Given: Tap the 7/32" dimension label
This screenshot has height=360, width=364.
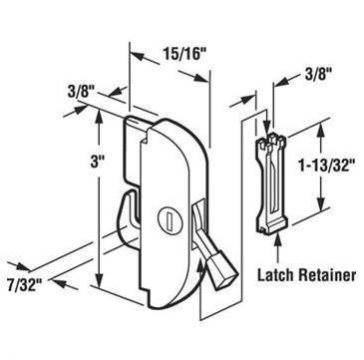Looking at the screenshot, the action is click(24, 284).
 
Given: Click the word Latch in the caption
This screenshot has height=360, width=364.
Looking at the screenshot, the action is click(276, 275).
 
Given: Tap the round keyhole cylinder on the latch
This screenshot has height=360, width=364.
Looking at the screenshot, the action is click(169, 217).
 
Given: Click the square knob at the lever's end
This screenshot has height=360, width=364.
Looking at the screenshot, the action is click(221, 273).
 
